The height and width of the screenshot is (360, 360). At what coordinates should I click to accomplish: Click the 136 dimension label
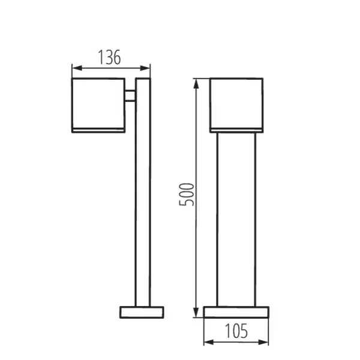[110, 58]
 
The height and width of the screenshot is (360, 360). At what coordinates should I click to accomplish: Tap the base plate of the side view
[142, 313]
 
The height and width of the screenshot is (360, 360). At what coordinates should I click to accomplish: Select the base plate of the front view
[236, 313]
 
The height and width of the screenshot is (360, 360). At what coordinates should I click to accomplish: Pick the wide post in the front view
[236, 219]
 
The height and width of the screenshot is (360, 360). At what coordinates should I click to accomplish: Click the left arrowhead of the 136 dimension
[74, 67]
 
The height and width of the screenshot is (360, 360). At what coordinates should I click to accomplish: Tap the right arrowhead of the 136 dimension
[148, 67]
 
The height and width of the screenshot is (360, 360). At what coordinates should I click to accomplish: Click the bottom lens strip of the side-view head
[98, 128]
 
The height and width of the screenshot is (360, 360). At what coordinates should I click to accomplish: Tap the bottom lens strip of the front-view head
[236, 128]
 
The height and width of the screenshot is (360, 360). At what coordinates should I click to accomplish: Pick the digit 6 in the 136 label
[118, 58]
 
